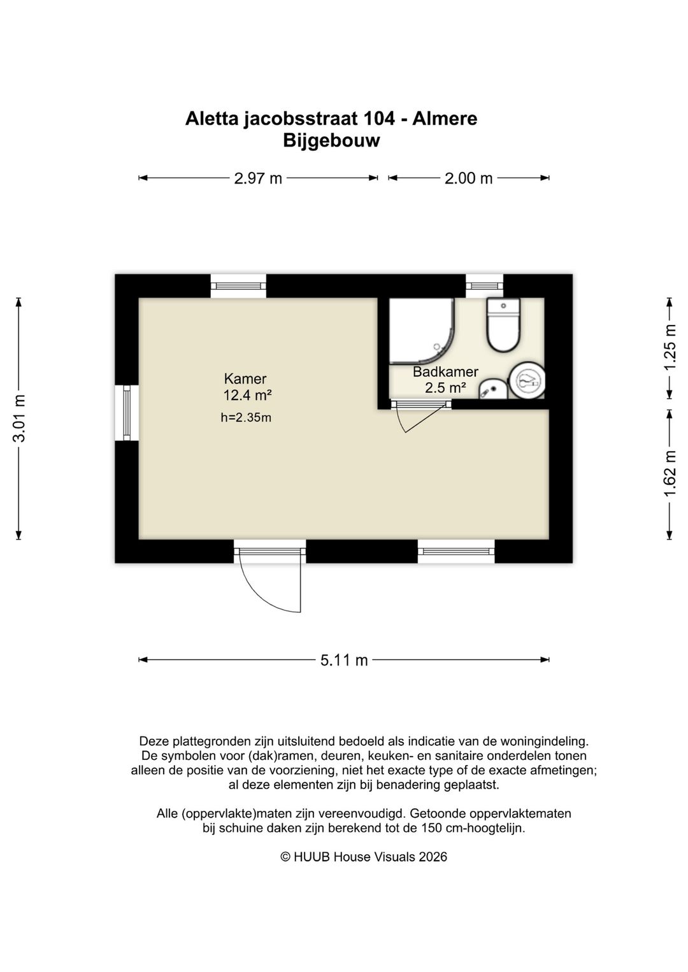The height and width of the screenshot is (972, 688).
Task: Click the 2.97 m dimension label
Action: [x=258, y=178]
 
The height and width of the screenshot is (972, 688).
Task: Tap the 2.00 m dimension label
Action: [x=468, y=178]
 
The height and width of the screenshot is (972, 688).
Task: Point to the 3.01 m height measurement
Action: [x=19, y=418]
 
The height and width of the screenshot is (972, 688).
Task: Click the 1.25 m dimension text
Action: [x=670, y=348]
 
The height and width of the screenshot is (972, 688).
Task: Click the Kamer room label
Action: [x=245, y=379]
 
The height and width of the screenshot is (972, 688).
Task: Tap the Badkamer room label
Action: [x=445, y=372]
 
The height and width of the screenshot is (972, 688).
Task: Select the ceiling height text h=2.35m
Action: [x=246, y=417]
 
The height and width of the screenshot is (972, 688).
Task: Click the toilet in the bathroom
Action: [x=503, y=325]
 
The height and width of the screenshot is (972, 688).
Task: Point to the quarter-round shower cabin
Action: [x=422, y=331]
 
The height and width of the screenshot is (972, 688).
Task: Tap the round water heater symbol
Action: [x=527, y=380]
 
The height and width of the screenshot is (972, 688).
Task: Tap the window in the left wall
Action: [x=127, y=413]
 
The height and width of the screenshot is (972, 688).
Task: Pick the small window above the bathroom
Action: [x=484, y=285]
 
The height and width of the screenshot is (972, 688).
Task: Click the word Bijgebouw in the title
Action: [x=331, y=141]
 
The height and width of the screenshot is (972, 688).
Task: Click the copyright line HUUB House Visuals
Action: [x=364, y=857]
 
